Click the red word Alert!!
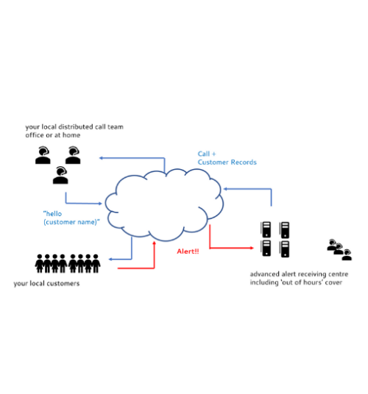(x=188, y=251)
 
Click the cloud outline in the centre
(x=116, y=191)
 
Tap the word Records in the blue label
(x=244, y=162)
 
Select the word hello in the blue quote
(x=54, y=214)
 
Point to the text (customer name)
(x=71, y=222)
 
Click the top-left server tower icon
(x=266, y=229)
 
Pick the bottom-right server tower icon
(x=285, y=248)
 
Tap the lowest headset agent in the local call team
(x=60, y=175)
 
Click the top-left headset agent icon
(x=43, y=155)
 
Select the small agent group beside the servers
(x=339, y=249)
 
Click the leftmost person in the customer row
(x=39, y=263)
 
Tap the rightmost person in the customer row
(x=96, y=263)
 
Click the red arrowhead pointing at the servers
(x=252, y=248)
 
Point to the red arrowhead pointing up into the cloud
(x=155, y=243)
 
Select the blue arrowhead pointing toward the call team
(x=101, y=158)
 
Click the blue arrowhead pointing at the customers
(x=110, y=259)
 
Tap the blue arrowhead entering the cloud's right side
(x=226, y=189)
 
